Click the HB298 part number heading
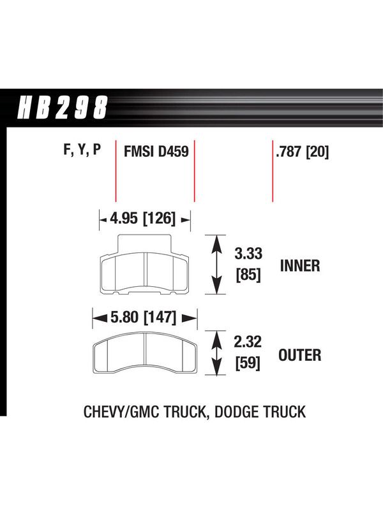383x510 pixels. click(x=62, y=107)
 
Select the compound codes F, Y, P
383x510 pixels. click(x=82, y=150)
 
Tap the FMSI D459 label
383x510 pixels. click(x=156, y=151)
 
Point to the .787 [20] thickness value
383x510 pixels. click(x=302, y=152)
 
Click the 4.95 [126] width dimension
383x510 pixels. click(x=142, y=218)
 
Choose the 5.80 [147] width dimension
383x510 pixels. click(x=143, y=317)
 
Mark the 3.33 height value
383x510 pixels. click(x=248, y=253)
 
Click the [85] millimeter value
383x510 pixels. click(x=248, y=275)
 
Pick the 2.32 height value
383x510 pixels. click(x=248, y=342)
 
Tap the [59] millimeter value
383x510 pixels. click(x=248, y=363)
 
